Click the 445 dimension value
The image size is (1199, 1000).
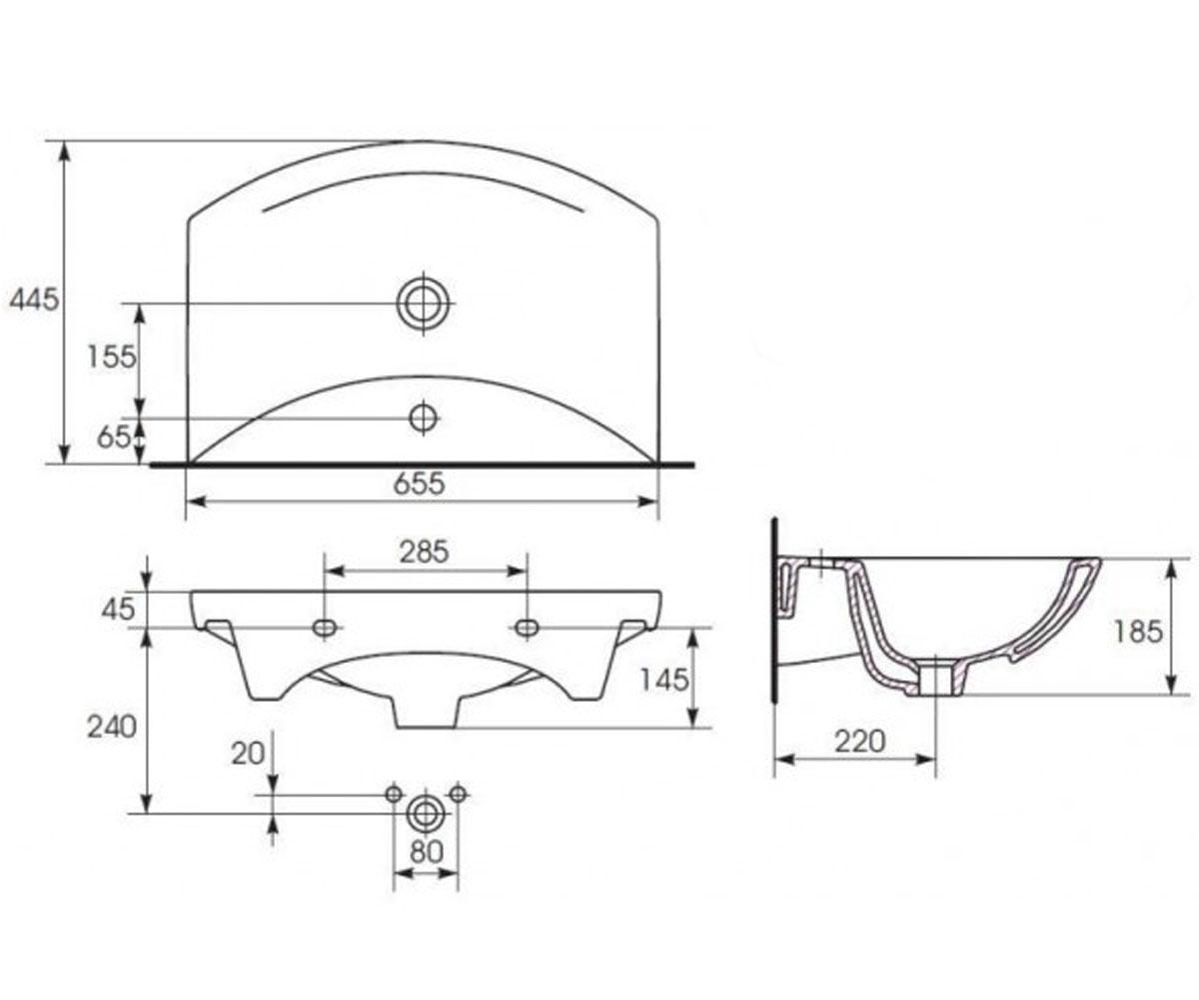click(34, 299)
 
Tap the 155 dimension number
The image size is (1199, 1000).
click(111, 356)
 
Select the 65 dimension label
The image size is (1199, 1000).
click(114, 437)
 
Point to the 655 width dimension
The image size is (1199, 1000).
click(420, 483)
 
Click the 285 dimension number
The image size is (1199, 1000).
click(425, 552)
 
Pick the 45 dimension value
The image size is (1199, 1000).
click(118, 609)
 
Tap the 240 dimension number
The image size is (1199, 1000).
click(112, 727)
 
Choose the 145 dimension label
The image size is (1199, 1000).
click(664, 680)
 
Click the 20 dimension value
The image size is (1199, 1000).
click(248, 753)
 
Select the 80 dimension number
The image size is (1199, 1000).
click(427, 852)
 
